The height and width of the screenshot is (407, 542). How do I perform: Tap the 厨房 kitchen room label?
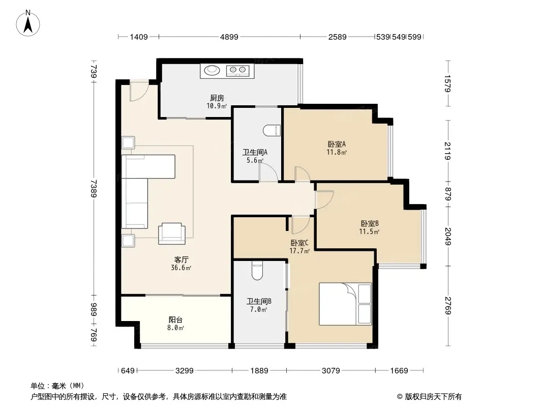pos(217,98)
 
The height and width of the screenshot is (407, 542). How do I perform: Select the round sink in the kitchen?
pos(212,71)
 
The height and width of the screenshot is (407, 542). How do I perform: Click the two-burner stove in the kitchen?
pos(237,71)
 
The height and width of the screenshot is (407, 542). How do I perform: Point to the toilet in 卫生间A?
pos(272,131)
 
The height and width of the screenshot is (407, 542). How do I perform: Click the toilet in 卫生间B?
pos(257,271)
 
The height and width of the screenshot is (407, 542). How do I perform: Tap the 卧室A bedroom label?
pos(336,144)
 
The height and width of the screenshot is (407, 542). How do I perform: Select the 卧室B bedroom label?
pos(370,223)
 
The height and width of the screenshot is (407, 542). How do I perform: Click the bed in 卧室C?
pos(345,304)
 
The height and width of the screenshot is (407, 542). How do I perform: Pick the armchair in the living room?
pos(171,234)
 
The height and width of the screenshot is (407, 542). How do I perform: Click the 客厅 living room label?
pos(181,259)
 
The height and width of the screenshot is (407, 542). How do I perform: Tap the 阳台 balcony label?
pos(175,320)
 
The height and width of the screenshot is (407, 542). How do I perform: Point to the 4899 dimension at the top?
pos(229,37)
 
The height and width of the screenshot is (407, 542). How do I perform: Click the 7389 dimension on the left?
pos(94,188)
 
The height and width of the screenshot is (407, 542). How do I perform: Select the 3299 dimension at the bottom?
pos(184,371)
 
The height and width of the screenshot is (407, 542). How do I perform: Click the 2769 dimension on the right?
pos(448,306)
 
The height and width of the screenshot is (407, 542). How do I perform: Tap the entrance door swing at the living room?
pos(139,91)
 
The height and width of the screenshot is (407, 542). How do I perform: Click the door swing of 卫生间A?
pos(268,172)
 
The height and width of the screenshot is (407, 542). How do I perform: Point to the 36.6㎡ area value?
pos(181,268)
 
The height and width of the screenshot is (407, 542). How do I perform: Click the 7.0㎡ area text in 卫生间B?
pos(258,309)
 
